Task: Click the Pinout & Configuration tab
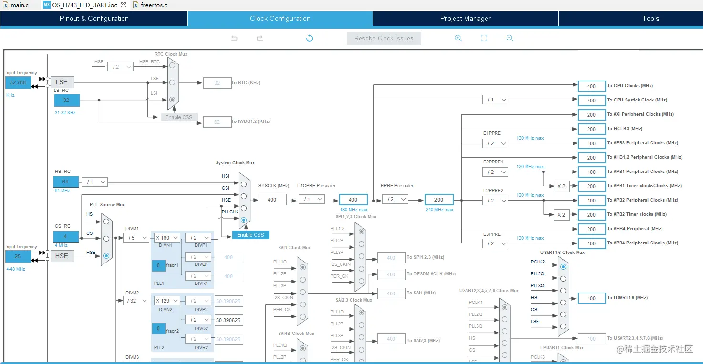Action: pyautogui.click(x=94, y=19)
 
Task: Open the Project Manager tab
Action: pyautogui.click(x=465, y=19)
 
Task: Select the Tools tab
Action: pyautogui.click(x=651, y=19)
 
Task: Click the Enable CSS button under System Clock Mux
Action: pyautogui.click(x=250, y=235)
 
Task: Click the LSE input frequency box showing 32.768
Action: pyautogui.click(x=18, y=82)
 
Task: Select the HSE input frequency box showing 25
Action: pyautogui.click(x=18, y=256)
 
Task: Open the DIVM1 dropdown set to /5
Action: pyautogui.click(x=136, y=238)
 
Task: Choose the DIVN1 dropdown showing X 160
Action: pyautogui.click(x=166, y=238)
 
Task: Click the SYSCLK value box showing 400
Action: pyautogui.click(x=272, y=200)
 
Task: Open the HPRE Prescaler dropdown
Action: pyautogui.click(x=394, y=200)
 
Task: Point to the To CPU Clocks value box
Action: pyautogui.click(x=591, y=86)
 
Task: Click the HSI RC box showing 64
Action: pyautogui.click(x=66, y=182)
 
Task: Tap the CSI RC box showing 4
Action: pyautogui.click(x=66, y=236)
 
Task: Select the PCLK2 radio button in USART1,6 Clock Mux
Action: pyautogui.click(x=563, y=267)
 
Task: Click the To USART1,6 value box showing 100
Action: pyautogui.click(x=591, y=298)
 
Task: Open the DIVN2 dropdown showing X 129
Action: pyautogui.click(x=166, y=301)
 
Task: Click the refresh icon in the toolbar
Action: pyautogui.click(x=310, y=39)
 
